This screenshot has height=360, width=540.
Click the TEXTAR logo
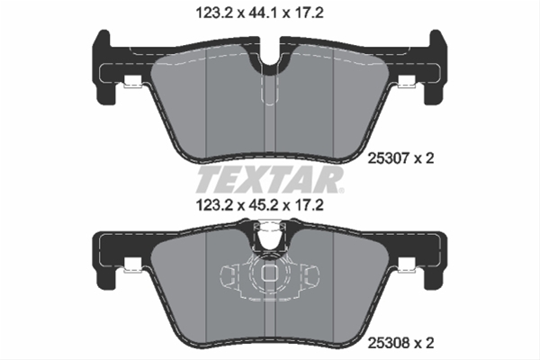[269, 180]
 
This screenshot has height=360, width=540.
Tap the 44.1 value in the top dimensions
[262, 13]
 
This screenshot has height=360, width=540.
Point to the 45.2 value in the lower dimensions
[262, 206]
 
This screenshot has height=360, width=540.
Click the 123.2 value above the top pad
[213, 13]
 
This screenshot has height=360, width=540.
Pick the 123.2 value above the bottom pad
[213, 206]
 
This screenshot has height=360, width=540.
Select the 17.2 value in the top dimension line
[309, 13]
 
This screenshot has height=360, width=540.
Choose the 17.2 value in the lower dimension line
[309, 206]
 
